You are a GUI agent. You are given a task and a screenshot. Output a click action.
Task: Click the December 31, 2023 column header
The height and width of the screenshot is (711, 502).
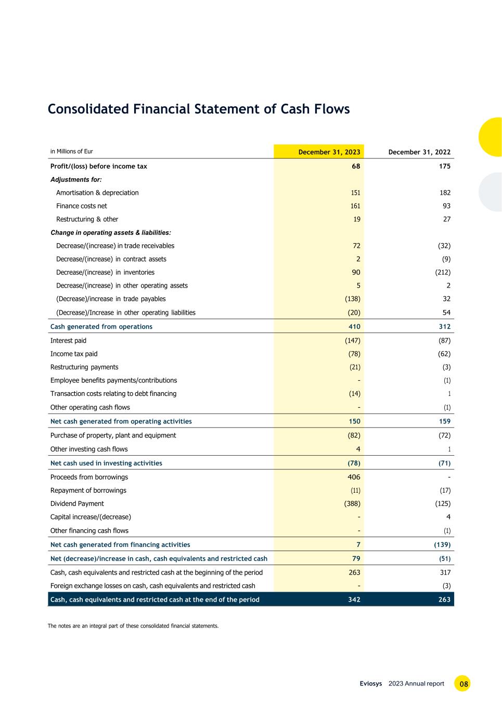329,152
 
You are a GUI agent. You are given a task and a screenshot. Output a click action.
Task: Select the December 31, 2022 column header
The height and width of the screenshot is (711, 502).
419,152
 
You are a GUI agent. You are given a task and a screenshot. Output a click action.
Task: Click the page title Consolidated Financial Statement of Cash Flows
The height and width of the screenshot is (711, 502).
199,109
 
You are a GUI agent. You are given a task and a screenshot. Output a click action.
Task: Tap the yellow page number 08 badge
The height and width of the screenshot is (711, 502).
462,683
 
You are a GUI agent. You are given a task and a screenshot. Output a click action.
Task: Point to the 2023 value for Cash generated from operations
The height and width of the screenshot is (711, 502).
353,327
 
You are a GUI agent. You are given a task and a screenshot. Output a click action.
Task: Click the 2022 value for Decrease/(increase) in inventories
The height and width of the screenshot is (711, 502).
443,272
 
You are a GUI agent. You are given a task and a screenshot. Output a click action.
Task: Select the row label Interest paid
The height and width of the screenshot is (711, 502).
68,341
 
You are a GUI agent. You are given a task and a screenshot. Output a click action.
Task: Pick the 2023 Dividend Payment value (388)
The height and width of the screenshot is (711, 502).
352,504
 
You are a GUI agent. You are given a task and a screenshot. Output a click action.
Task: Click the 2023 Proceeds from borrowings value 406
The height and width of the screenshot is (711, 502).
353,477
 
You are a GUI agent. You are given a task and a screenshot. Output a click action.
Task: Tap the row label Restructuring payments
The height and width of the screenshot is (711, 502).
84,367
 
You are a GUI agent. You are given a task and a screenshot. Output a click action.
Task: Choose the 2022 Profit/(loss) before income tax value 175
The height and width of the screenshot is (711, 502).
444,166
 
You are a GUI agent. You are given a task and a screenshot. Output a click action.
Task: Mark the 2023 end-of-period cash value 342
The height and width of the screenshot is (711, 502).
354,600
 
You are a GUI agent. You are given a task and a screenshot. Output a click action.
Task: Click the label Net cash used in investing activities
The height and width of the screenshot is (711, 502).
106,463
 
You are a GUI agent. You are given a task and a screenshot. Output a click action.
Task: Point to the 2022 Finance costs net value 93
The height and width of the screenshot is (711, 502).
446,206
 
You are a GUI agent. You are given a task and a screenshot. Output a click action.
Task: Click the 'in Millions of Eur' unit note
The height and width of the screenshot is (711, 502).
71,152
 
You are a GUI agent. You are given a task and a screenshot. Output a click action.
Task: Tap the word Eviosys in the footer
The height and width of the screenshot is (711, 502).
370,683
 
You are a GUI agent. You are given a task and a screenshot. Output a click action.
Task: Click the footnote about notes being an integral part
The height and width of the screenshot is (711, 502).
133,626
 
